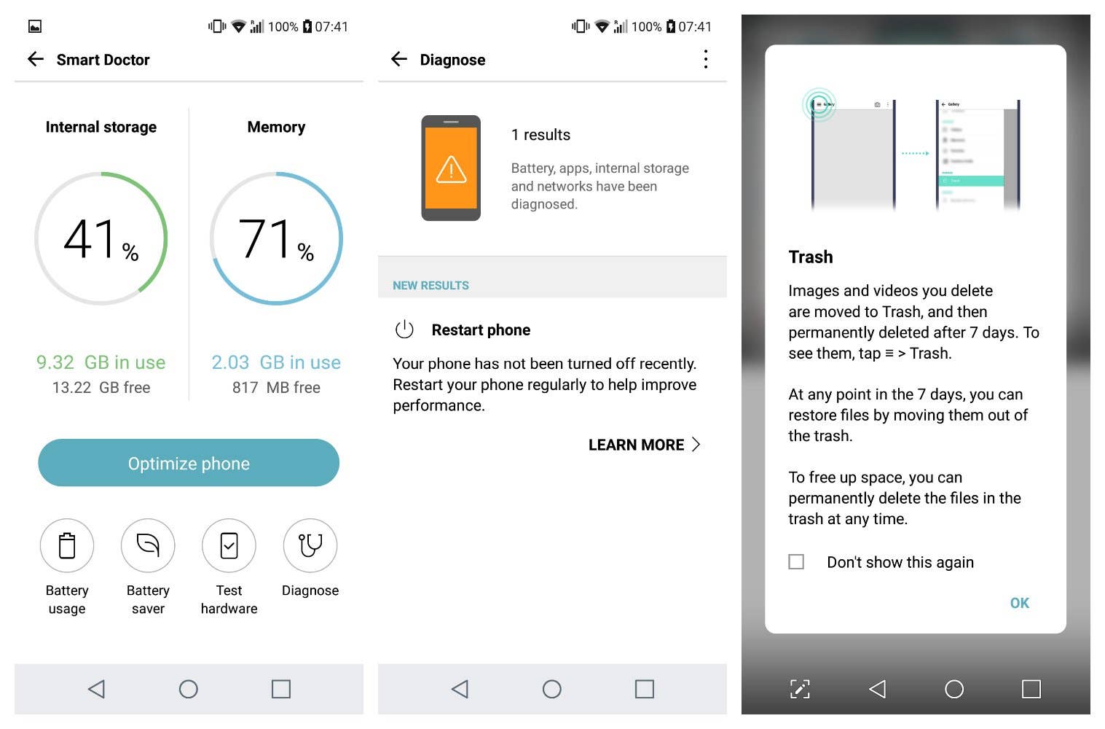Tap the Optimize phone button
(189, 463)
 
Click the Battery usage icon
(67, 545)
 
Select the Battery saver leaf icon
(148, 545)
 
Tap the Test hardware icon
(229, 545)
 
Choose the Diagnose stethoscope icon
(310, 545)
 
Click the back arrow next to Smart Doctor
(36, 59)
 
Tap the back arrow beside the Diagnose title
(399, 59)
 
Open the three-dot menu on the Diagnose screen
(705, 59)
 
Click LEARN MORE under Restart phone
(644, 445)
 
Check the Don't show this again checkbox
(796, 562)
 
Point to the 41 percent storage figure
(101, 239)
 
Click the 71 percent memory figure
(276, 239)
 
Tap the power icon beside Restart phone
(404, 330)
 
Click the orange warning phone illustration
(451, 168)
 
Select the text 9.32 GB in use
(101, 362)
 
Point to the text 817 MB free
(276, 388)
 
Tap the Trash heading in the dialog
(811, 257)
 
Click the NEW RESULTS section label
(430, 286)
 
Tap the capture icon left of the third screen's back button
(800, 689)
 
